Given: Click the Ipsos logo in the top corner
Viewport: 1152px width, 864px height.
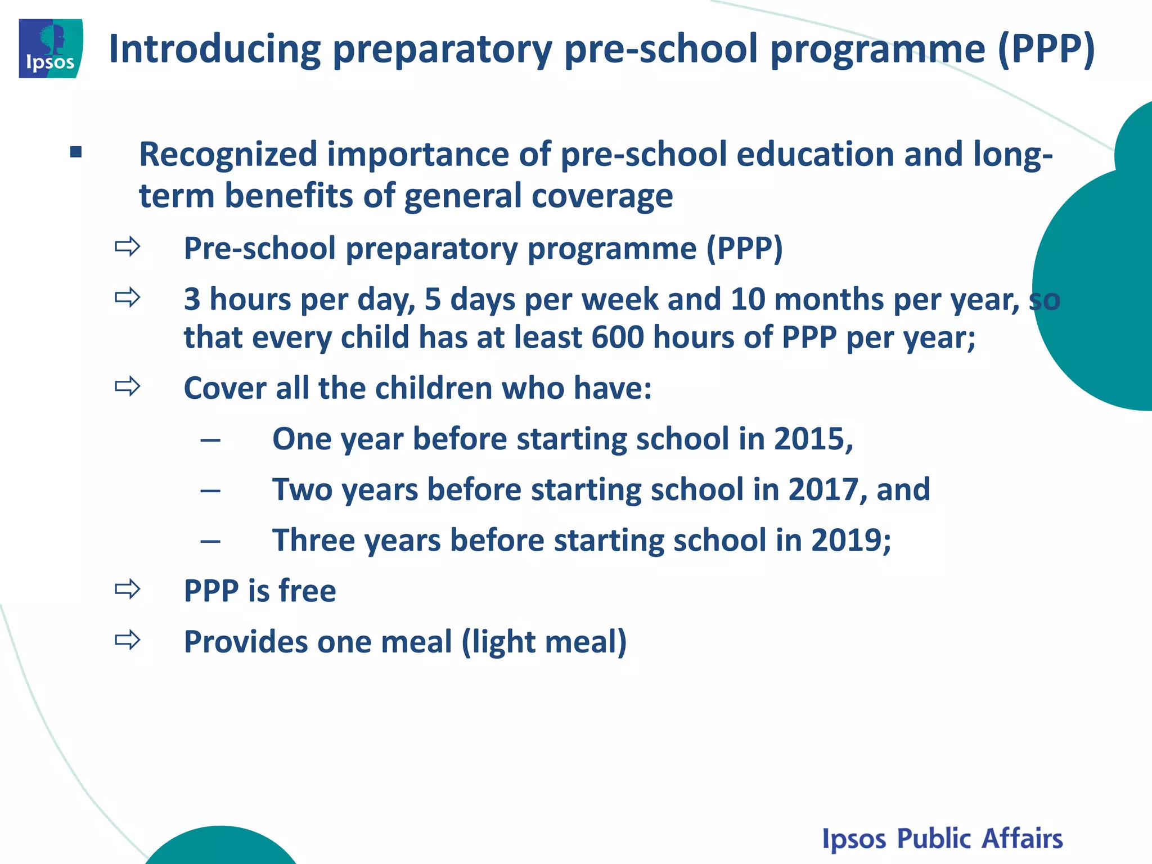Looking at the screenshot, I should (x=51, y=48).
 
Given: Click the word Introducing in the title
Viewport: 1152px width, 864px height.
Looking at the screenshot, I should (x=214, y=49).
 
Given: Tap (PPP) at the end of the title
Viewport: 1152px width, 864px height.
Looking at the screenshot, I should (x=1046, y=49).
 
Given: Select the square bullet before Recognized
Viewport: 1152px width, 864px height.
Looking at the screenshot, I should (x=76, y=152).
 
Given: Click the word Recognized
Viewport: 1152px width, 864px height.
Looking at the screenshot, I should (x=228, y=155).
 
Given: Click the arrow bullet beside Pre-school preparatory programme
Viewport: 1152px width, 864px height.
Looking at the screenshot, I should (x=127, y=246).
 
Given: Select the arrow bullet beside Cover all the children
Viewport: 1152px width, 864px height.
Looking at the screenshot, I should (x=127, y=386).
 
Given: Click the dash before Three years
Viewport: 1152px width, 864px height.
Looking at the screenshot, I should (x=210, y=541).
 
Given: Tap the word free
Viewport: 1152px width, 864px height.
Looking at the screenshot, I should (x=307, y=591).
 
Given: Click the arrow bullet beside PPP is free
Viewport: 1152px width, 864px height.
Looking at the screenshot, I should (x=127, y=589).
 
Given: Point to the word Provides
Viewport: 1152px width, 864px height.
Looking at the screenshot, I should (x=245, y=642).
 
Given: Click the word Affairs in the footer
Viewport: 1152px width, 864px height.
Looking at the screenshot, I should (x=1021, y=838).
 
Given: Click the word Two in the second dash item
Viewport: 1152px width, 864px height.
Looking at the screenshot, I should (x=302, y=489).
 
